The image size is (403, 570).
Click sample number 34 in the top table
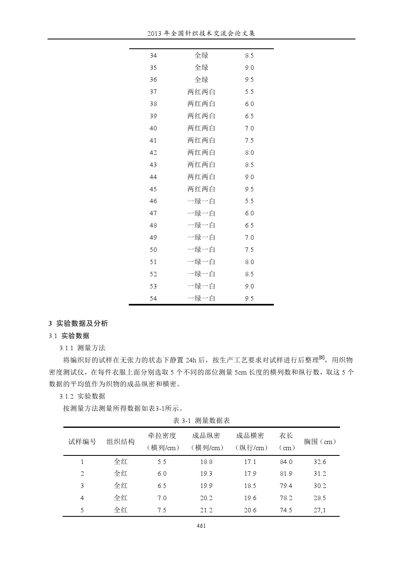(153, 56)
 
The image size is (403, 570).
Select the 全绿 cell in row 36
(201, 80)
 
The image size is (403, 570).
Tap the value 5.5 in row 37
(249, 92)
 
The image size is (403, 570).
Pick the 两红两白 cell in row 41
(201, 141)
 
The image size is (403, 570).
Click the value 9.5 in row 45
(249, 189)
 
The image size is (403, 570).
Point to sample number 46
(153, 201)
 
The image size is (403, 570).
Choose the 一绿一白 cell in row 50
(201, 250)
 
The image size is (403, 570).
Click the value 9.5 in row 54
(249, 299)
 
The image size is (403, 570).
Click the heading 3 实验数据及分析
(78, 324)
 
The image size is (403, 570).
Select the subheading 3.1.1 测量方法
(82, 348)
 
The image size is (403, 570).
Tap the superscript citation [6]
(322, 358)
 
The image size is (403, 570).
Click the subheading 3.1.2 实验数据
(82, 396)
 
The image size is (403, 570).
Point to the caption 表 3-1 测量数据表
(201, 420)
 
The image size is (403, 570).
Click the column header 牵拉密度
(162, 436)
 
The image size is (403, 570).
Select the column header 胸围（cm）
(320, 442)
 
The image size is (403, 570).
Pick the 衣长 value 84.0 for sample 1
(286, 462)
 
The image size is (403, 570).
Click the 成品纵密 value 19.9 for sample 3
(206, 486)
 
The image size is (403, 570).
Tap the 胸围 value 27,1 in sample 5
(320, 510)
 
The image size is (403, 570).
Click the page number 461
(201, 526)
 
